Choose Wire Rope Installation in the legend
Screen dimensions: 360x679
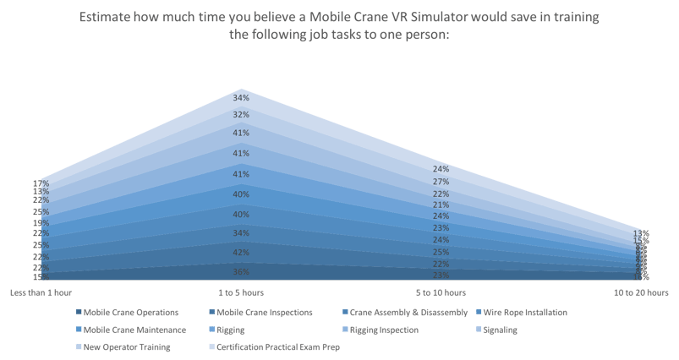tap(524, 312)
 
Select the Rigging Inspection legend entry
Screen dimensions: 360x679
tap(381, 329)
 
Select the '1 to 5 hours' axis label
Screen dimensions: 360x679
tap(240, 292)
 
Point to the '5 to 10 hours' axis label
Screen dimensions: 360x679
tap(441, 292)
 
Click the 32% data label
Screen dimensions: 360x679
tap(241, 115)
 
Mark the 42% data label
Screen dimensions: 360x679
tap(241, 253)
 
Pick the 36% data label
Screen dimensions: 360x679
tap(241, 272)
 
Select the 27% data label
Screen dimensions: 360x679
tap(441, 182)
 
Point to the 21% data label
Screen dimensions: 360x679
tap(441, 205)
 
